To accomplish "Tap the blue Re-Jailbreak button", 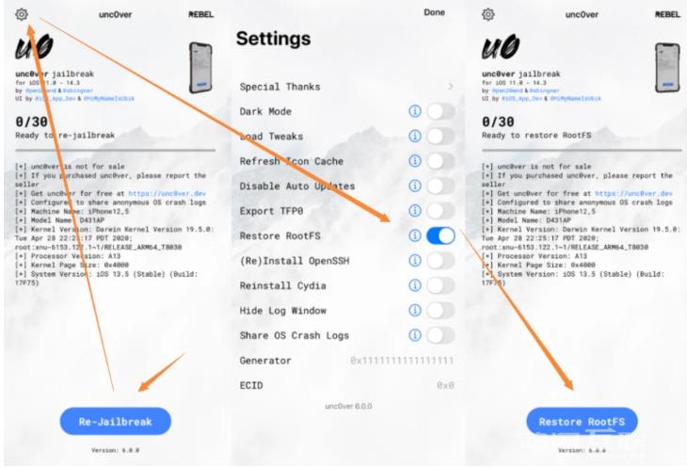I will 116,421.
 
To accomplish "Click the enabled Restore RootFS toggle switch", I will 439,235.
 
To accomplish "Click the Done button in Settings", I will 434,13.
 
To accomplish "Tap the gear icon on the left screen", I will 22,14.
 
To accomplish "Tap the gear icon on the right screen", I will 487,14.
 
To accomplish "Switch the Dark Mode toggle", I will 439,111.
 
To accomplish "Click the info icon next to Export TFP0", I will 414,211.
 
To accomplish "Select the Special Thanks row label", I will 280,87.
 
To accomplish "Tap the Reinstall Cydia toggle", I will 439,285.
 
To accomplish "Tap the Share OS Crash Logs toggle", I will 439,335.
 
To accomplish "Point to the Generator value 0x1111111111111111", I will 402,361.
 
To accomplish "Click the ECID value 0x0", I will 445,385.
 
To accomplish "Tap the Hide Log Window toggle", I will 439,310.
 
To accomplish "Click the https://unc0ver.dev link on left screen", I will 167,193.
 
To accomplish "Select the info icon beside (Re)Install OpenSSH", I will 414,261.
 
